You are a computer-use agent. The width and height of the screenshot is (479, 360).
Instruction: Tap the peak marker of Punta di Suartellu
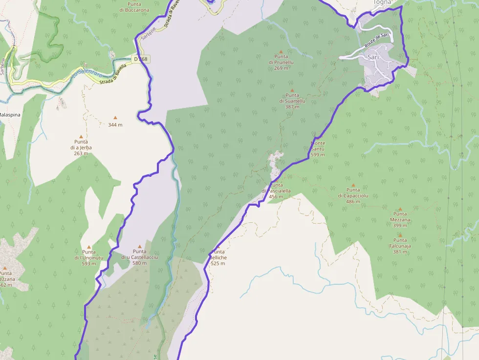point(292,90)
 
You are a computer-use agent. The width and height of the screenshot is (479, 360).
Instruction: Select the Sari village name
point(373,57)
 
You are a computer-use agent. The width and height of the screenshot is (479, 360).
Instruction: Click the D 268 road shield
point(141,59)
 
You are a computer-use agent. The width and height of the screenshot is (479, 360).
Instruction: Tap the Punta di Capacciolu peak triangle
point(353,185)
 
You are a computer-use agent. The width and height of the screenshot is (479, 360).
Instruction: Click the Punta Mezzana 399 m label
point(400,220)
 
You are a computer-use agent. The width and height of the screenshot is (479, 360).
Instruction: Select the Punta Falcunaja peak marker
point(400,235)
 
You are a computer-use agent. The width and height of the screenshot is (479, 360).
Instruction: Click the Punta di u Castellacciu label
point(139,257)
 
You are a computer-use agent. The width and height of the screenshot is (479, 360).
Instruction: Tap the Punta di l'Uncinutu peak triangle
point(88,247)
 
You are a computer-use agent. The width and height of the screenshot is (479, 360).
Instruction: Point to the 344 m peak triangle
point(115,117)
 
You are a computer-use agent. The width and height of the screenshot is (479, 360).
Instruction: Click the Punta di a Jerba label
point(81,148)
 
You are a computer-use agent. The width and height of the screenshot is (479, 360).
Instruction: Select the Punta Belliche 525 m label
point(218,257)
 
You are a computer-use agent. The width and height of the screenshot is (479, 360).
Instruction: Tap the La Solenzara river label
point(88,73)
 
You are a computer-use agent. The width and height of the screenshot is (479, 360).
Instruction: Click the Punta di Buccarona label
point(134,7)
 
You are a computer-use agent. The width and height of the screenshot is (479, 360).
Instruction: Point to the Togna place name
point(382,2)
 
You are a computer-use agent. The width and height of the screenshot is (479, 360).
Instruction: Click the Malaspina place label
point(9,114)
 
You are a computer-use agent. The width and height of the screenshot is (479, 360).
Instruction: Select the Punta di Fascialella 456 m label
point(277,191)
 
